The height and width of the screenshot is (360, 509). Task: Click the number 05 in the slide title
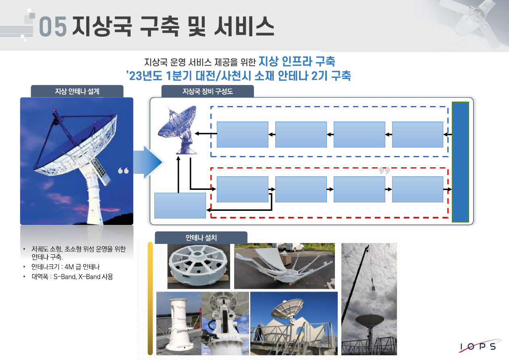click(x=53, y=26)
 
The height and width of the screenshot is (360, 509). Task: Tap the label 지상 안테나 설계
click(x=77, y=92)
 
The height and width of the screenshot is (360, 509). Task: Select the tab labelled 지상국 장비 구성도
click(x=208, y=92)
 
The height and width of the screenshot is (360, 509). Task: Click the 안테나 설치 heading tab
click(x=201, y=238)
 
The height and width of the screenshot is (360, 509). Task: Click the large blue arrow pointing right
click(x=148, y=162)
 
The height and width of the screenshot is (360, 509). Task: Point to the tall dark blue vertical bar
click(x=460, y=162)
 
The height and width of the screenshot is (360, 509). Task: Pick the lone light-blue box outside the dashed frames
click(x=180, y=206)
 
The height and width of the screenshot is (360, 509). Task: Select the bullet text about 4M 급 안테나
click(x=66, y=267)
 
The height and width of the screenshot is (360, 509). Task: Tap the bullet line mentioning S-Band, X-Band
click(x=72, y=277)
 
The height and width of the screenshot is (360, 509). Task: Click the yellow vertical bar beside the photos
click(x=150, y=298)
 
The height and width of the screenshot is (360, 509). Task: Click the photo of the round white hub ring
click(x=199, y=266)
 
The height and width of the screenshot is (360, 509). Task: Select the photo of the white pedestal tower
click(x=179, y=323)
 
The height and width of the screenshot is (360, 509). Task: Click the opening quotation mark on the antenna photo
click(x=123, y=171)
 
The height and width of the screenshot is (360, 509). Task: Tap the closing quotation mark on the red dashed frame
click(x=384, y=170)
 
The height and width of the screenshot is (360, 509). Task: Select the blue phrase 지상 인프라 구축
click(x=297, y=61)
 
